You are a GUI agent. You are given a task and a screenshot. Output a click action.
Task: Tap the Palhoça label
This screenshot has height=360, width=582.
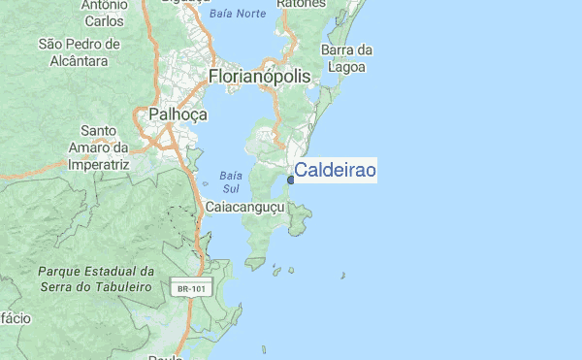(178, 115)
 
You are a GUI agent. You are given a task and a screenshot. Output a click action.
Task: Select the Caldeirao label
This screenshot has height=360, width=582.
(335, 171)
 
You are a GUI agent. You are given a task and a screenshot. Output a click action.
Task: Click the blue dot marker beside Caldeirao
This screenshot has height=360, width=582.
(291, 180)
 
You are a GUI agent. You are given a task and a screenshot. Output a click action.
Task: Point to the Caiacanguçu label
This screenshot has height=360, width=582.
(243, 208)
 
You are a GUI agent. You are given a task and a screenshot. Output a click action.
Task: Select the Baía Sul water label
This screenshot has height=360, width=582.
(230, 181)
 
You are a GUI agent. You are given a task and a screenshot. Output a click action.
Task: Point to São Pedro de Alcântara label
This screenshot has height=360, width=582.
(79, 52)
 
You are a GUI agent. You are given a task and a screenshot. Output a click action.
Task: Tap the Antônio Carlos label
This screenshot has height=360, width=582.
(104, 12)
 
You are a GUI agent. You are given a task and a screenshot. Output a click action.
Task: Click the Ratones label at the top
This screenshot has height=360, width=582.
(301, 4)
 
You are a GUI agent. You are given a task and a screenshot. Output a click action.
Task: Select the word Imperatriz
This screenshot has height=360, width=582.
(99, 165)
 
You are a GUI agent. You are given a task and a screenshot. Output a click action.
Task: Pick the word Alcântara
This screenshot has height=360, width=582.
(79, 60)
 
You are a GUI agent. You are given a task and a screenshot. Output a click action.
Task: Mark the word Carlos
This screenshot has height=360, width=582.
(104, 20)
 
